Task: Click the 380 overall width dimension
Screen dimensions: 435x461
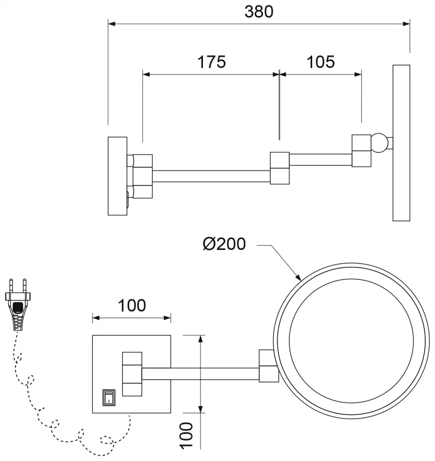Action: (x=259, y=12)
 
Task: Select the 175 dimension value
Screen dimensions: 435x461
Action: (x=212, y=62)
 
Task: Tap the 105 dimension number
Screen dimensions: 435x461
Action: (x=320, y=62)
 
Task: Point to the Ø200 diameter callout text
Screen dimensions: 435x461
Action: (x=224, y=244)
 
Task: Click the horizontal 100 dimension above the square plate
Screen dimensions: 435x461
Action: (x=132, y=305)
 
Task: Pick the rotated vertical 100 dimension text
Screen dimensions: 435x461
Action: (x=186, y=436)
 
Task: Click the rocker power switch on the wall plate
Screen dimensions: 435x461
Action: (x=109, y=397)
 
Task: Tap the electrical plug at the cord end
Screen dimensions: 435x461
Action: (x=18, y=304)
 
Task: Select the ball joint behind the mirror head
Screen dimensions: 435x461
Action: (x=380, y=143)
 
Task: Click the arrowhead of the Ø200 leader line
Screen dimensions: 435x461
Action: (x=298, y=277)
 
